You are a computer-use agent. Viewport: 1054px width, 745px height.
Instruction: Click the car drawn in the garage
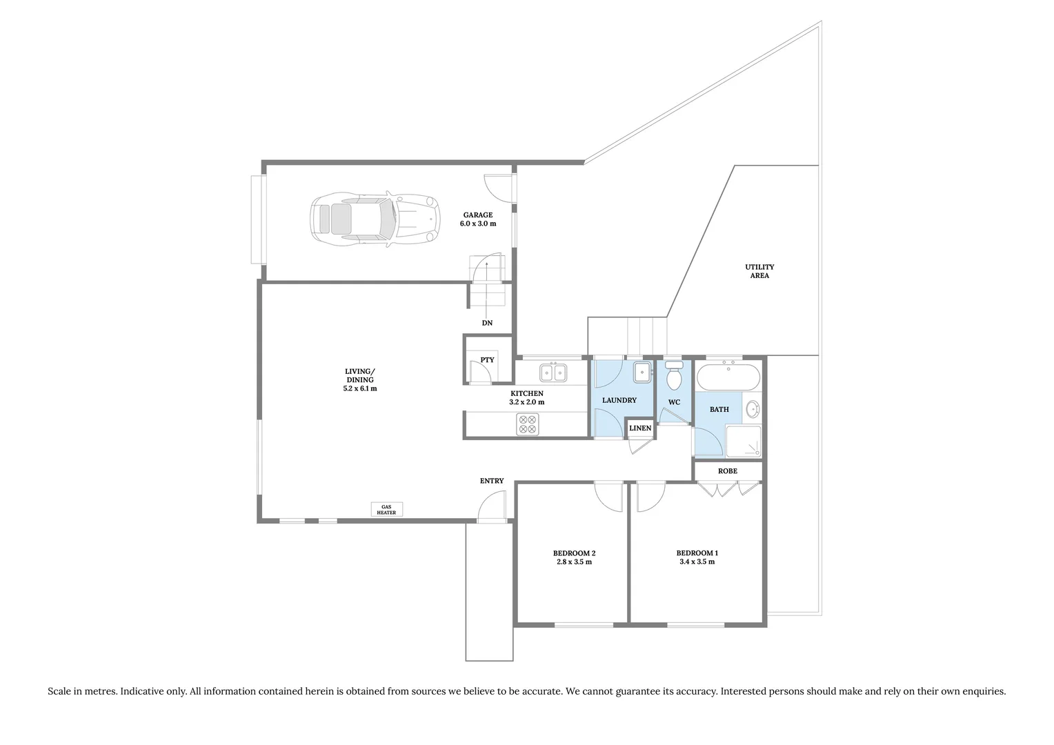pos(375,219)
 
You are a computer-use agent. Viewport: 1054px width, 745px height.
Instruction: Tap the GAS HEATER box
pos(386,510)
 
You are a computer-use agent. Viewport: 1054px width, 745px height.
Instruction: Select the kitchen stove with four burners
pos(528,424)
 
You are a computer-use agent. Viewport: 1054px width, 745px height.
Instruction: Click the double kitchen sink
pos(552,373)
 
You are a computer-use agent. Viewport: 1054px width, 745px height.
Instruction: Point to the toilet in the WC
pos(674,376)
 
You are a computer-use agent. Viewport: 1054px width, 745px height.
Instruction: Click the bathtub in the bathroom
pos(728,377)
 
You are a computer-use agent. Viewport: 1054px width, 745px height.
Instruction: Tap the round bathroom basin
pos(753,410)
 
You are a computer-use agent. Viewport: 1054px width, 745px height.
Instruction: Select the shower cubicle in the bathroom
pos(744,441)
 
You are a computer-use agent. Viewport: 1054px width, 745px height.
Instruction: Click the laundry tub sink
pos(642,372)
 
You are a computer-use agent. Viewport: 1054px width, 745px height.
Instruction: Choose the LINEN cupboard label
pos(640,428)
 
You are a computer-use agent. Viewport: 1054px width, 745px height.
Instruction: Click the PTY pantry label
pos(487,360)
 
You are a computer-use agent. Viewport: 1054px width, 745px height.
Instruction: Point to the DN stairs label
pos(487,323)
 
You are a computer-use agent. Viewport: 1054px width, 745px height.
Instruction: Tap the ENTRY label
pos(492,481)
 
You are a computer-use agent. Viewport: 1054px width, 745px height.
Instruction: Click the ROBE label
pos(728,471)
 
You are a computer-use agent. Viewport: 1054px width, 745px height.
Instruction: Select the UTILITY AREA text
pos(759,271)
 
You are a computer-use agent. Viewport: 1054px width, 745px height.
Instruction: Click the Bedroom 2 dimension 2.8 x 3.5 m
pos(574,562)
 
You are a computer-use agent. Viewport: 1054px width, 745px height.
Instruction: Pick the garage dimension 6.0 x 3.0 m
pos(478,224)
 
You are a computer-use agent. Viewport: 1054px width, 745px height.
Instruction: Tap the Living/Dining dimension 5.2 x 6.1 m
pos(360,389)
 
